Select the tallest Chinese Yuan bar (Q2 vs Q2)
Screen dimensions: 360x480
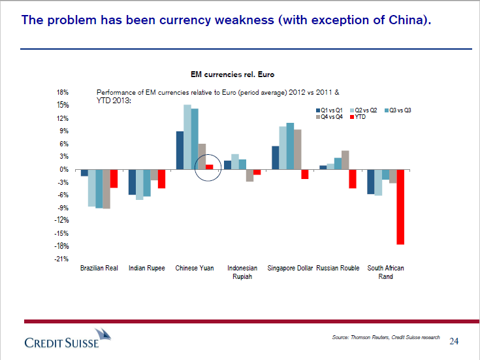coord(187,137)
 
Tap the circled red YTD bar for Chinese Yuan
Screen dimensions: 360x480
coord(209,167)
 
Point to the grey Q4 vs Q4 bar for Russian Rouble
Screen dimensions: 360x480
coord(345,160)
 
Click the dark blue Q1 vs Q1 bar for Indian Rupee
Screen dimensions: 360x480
coord(132,182)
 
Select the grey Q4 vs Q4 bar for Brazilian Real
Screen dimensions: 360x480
coord(106,189)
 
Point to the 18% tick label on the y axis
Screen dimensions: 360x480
coord(63,93)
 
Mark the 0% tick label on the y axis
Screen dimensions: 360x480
coord(65,170)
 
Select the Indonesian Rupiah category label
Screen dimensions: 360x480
coord(242,272)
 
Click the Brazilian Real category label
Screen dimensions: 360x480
coord(99,269)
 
